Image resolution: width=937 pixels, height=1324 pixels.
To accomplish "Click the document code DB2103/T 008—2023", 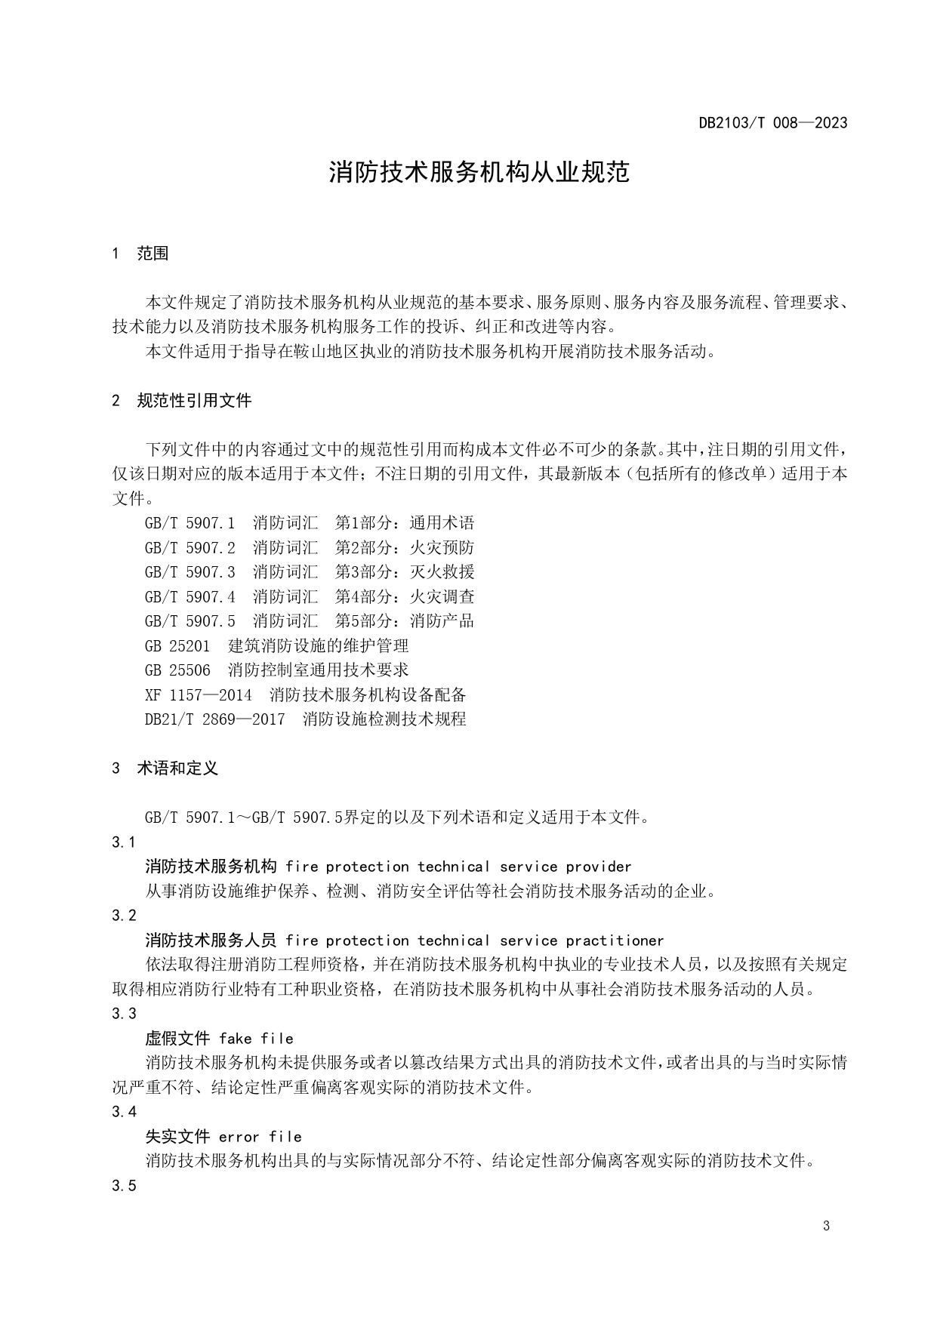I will click(x=772, y=122).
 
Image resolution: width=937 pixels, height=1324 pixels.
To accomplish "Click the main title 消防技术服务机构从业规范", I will click(x=479, y=173).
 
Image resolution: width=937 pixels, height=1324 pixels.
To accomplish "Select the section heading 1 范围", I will click(x=140, y=254).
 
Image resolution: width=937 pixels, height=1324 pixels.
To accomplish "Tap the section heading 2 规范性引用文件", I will click(x=182, y=401).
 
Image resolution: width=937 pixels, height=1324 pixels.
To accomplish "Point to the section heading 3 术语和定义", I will click(x=165, y=768).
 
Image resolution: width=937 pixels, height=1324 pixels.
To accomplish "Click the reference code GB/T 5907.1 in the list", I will click(x=190, y=523).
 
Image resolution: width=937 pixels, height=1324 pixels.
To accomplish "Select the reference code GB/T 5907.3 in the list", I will click(x=190, y=572).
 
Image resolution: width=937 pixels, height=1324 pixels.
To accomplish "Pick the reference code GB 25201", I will click(x=177, y=646).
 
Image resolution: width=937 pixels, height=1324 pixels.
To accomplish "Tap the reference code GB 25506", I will click(x=177, y=670).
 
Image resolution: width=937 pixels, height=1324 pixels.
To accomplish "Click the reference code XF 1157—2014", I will click(x=199, y=694).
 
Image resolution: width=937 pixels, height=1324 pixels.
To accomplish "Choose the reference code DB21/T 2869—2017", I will click(x=215, y=719).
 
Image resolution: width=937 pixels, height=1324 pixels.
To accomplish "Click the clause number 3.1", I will click(x=124, y=842).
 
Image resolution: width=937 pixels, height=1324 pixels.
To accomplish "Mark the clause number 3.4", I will click(x=124, y=1112).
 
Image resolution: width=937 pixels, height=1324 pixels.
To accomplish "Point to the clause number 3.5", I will click(x=124, y=1186).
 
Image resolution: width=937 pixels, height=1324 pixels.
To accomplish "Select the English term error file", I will click(x=260, y=1137).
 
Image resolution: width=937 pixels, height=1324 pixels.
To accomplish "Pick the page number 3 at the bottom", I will click(x=826, y=1226).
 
